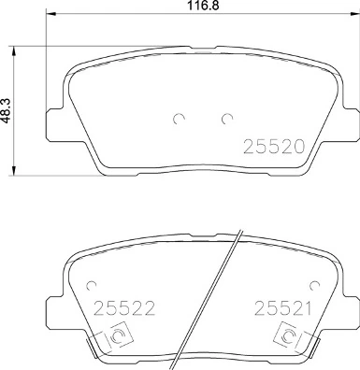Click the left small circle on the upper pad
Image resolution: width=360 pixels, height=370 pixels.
click(179, 118)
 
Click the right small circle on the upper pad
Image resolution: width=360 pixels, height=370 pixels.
click(225, 118)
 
